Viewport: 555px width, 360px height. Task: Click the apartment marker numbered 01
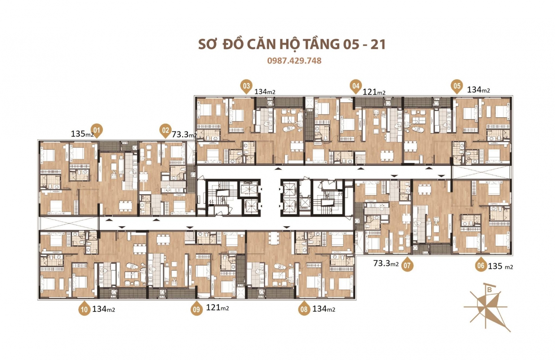point(97,131)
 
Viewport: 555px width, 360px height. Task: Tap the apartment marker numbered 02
point(165,131)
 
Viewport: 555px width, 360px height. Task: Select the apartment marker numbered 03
point(246,86)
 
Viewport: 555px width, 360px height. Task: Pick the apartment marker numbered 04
point(356,86)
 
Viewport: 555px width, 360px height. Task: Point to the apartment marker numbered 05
point(457,86)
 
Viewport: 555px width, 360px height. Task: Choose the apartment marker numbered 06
point(480,266)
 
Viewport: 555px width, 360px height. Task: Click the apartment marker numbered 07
point(407,266)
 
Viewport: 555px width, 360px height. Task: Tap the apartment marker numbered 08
point(304,309)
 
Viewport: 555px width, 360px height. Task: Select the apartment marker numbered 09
point(196,309)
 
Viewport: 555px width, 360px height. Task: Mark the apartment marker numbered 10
point(84,309)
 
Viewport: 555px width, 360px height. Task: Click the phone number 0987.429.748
point(294,61)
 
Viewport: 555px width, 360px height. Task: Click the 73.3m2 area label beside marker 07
point(386,264)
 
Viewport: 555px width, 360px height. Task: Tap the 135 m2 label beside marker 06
point(500,266)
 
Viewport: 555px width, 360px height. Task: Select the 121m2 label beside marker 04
point(374,92)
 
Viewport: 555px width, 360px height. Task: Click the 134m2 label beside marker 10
point(103,309)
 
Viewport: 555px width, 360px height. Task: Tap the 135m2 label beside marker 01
point(82,134)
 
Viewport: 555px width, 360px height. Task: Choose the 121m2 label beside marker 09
point(217,308)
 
